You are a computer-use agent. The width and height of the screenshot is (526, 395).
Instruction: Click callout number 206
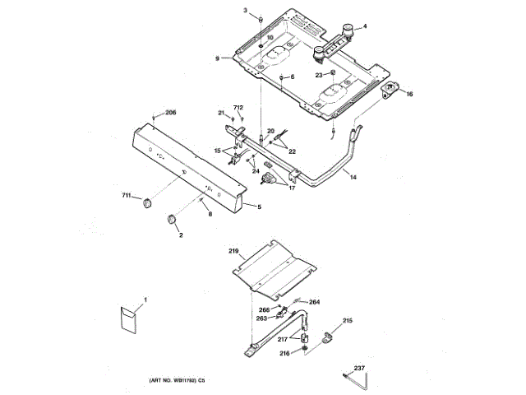(171, 112)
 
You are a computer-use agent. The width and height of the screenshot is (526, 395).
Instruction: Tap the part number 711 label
(127, 195)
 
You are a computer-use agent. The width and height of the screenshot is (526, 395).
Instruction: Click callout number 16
(409, 94)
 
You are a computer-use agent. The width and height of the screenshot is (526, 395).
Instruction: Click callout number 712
(238, 108)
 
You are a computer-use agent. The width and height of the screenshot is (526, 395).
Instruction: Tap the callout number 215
(348, 320)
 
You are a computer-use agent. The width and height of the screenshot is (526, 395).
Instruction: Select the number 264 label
(314, 302)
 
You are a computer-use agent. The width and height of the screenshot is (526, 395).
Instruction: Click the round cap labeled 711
(148, 202)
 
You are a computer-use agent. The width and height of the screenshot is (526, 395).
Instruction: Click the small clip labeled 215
(330, 336)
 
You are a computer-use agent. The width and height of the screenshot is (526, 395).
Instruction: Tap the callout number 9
(218, 58)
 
